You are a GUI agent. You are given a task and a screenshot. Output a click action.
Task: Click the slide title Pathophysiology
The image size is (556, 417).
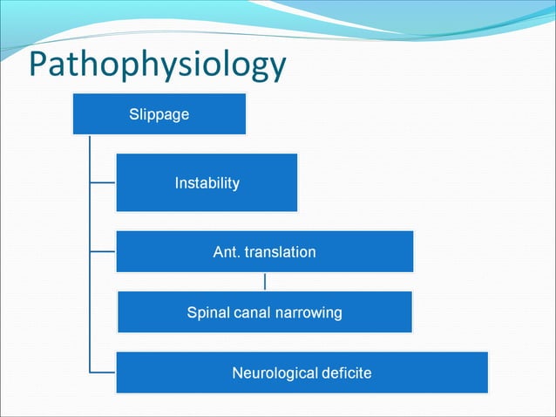[x=157, y=66]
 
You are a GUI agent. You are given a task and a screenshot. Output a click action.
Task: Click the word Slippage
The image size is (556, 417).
[x=159, y=114]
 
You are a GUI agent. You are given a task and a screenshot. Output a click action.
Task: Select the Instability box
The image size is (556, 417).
[x=207, y=182]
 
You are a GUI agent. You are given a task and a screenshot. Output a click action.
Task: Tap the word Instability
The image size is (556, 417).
[x=207, y=183]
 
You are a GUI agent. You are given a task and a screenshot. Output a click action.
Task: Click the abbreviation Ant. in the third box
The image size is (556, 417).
[x=226, y=252]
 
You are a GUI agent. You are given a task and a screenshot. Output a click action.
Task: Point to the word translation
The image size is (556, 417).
[x=280, y=252]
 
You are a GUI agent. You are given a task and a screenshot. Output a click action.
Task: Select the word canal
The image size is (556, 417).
[x=251, y=312]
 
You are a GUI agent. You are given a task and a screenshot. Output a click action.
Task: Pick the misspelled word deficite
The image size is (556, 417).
[x=345, y=373]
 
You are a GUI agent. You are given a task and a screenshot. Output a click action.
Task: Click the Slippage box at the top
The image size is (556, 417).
[x=159, y=114]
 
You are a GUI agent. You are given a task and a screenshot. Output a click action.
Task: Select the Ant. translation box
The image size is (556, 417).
[x=264, y=252]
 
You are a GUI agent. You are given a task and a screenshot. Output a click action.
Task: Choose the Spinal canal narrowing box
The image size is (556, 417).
[x=264, y=312]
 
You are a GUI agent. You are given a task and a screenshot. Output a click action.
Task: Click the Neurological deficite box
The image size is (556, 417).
[x=302, y=373]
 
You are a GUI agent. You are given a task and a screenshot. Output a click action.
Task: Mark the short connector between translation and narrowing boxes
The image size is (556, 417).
[x=264, y=282]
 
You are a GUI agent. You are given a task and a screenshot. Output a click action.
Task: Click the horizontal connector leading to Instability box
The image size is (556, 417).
[x=102, y=182]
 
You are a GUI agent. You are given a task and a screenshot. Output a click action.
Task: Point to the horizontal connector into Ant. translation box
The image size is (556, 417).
[x=102, y=251]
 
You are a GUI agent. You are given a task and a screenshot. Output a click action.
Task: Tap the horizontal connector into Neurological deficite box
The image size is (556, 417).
[x=102, y=373]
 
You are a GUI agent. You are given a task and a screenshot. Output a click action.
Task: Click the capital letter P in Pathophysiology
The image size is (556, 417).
[x=40, y=66]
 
